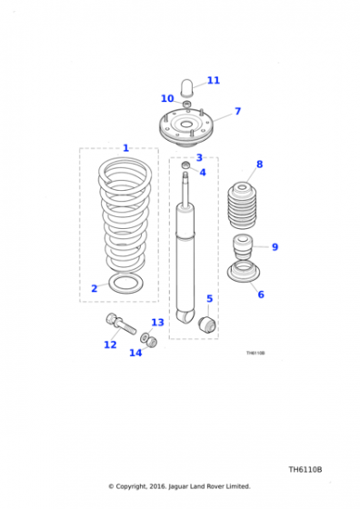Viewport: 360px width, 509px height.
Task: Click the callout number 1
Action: click(126, 147)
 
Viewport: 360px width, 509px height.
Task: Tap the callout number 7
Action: click(237, 112)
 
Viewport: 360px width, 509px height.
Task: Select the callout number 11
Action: click(213, 80)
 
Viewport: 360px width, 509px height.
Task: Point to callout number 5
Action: click(209, 298)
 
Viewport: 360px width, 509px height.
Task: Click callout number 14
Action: click(135, 353)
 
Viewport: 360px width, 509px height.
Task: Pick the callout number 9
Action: click(275, 246)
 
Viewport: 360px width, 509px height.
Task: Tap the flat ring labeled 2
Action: click(125, 284)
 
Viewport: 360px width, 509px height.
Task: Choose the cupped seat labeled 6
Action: click(243, 274)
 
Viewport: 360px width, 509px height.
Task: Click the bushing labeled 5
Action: click(207, 323)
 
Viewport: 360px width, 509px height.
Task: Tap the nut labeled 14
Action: click(152, 343)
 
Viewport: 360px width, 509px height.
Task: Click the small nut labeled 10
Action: click(185, 105)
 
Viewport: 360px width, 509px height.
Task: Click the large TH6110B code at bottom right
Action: click(305, 470)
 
